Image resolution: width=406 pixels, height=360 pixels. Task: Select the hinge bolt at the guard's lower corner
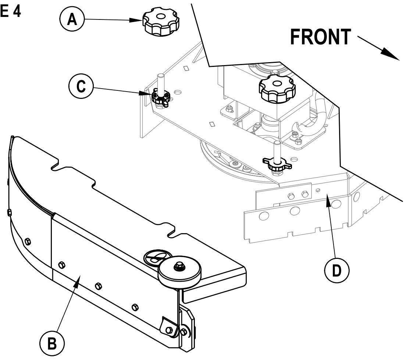169,330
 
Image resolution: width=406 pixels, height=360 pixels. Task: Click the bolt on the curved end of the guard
28,241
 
